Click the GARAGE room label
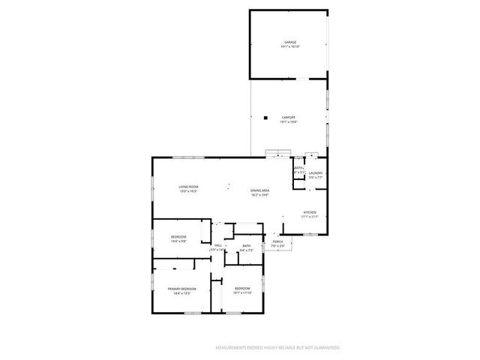click(x=290, y=42)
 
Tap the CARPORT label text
click(x=289, y=118)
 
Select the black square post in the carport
click(x=265, y=117)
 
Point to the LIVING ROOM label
click(x=188, y=187)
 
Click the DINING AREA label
click(x=260, y=190)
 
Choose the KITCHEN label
click(x=310, y=212)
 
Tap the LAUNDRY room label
click(x=315, y=173)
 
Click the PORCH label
click(x=277, y=241)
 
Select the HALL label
click(x=218, y=245)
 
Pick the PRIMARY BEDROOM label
click(x=182, y=289)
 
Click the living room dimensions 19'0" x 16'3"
click(x=188, y=191)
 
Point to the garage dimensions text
click(x=290, y=46)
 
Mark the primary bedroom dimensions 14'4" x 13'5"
click(x=182, y=293)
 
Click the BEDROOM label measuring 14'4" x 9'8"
click(x=178, y=237)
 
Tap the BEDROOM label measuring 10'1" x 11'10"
click(x=242, y=289)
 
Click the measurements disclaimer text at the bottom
click(x=278, y=348)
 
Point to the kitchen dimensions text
click(x=310, y=217)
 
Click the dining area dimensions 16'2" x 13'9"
click(x=260, y=195)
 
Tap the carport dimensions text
click(x=289, y=122)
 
